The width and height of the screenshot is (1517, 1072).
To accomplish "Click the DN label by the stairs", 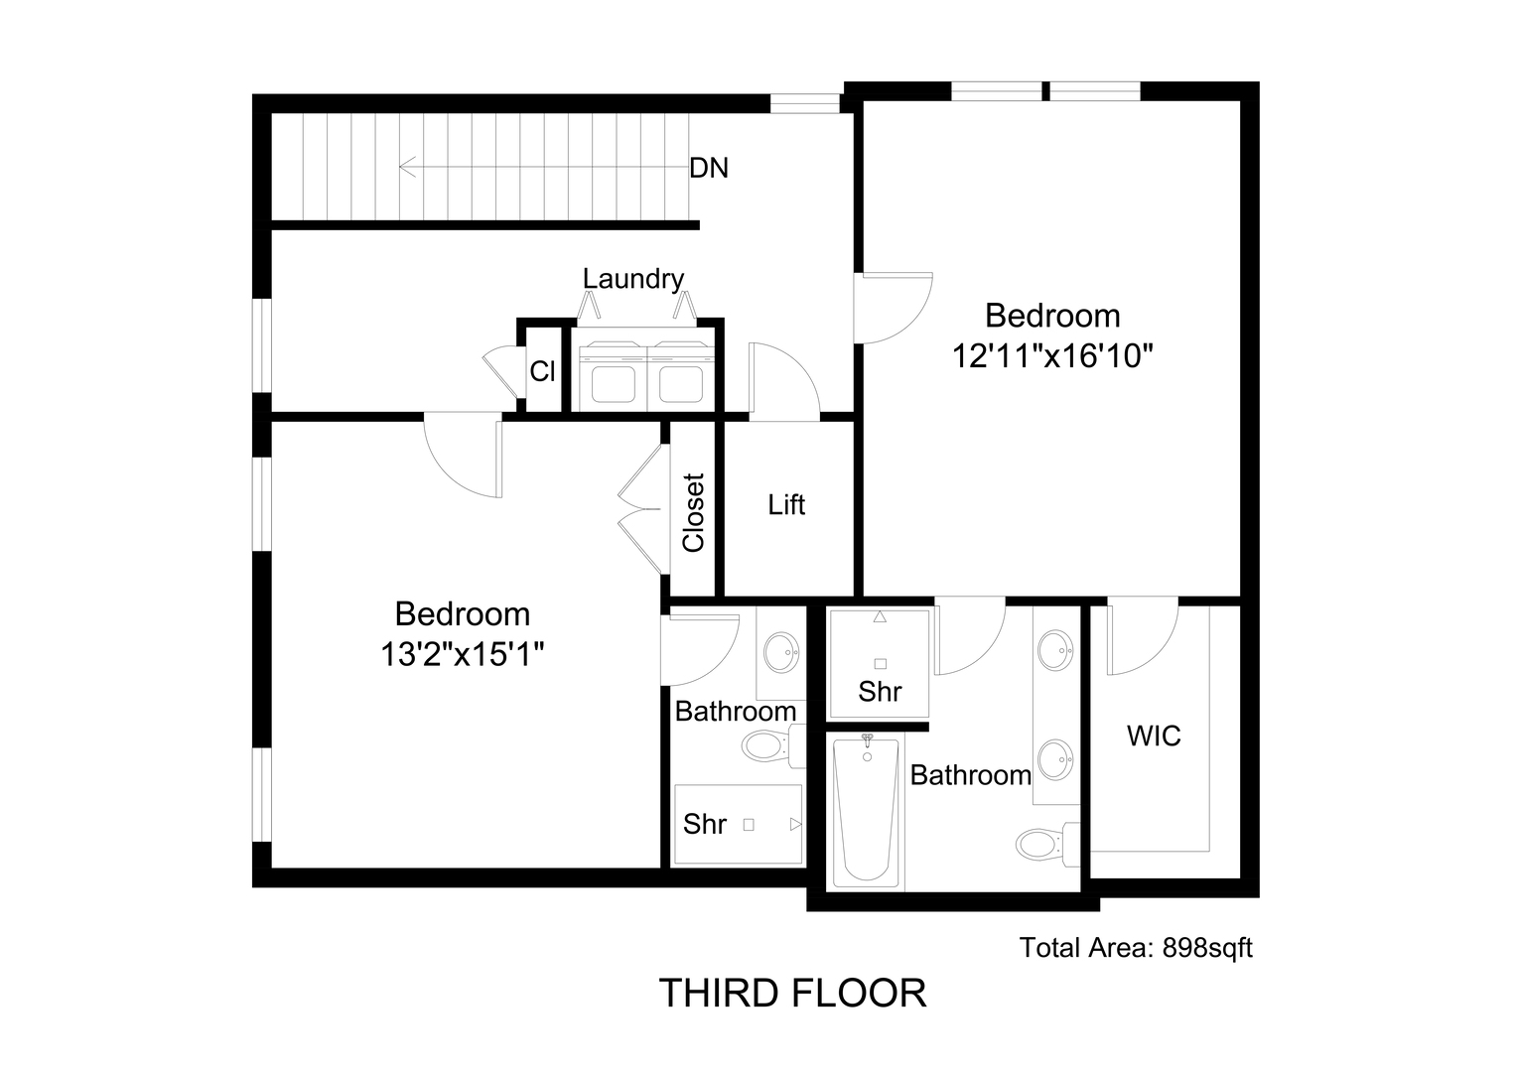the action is point(709,168).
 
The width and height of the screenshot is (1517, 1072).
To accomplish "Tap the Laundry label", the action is point(633,278).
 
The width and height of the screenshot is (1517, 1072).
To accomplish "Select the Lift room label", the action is point(786,504).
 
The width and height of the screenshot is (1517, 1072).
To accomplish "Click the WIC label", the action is point(1154,736).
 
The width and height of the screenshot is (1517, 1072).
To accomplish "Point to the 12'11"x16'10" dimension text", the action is point(1052,355).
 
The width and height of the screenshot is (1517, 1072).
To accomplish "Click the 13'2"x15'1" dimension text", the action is point(463,654).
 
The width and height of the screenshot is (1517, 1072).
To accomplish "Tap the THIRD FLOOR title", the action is point(792,994).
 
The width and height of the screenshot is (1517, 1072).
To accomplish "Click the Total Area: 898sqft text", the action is point(1136,947).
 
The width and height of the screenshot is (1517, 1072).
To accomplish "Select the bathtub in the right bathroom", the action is point(866,811).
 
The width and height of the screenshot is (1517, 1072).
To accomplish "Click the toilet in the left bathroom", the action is point(772,745).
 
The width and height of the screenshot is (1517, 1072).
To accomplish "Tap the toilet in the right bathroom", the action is point(1047,845).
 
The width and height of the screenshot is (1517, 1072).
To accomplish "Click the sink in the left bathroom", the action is point(781,653).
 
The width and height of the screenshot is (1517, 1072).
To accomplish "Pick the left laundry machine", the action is point(613,375).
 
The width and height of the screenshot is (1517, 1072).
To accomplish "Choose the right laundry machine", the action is point(681,375).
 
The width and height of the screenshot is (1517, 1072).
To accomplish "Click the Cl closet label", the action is point(542,371).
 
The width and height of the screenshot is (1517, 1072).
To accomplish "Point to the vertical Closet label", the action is point(694,512).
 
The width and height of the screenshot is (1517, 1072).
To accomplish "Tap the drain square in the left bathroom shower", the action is point(749,825).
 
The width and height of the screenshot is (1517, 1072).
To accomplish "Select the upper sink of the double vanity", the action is point(1055,651).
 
